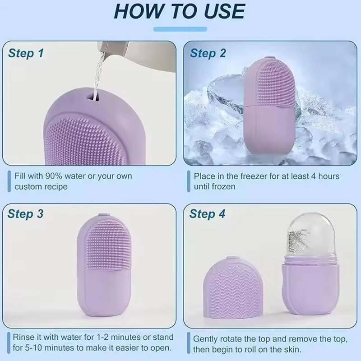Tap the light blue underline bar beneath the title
(x=180, y=29)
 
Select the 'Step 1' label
(x=26, y=53)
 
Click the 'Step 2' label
(x=208, y=53)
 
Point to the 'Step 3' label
(x=25, y=214)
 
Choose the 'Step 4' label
(x=207, y=214)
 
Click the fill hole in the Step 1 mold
(x=94, y=97)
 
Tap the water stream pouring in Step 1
(x=98, y=74)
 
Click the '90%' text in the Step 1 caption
(x=54, y=176)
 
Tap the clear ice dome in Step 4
(x=311, y=237)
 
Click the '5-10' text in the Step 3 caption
(x=33, y=347)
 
